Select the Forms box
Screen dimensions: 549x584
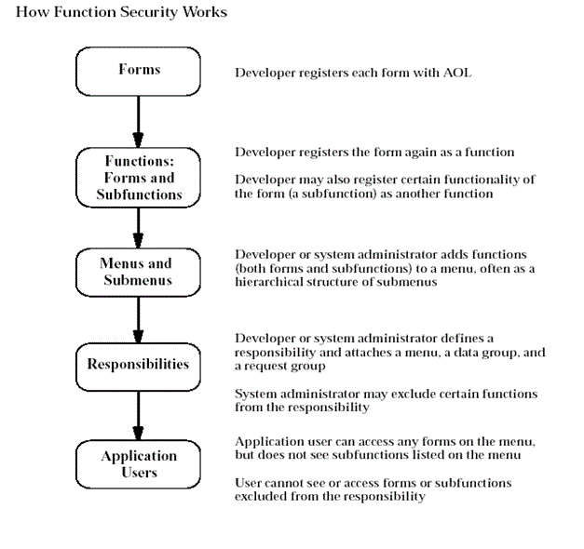click(138, 71)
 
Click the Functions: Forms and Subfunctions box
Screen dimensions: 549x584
click(138, 178)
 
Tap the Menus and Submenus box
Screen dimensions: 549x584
click(138, 271)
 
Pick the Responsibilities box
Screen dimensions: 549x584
click(138, 364)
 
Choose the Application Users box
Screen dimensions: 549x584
click(138, 463)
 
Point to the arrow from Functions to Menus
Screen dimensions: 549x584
click(138, 227)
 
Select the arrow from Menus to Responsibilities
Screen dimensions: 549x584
click(138, 319)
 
